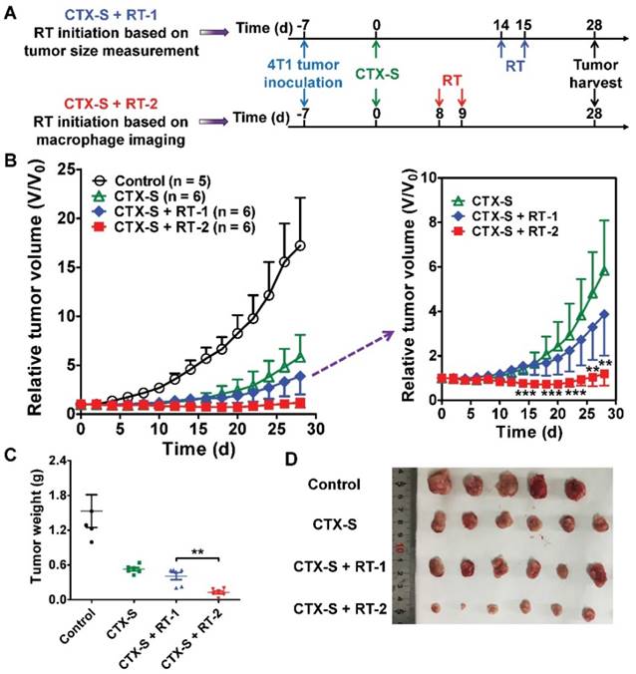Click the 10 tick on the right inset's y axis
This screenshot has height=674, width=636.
427,177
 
